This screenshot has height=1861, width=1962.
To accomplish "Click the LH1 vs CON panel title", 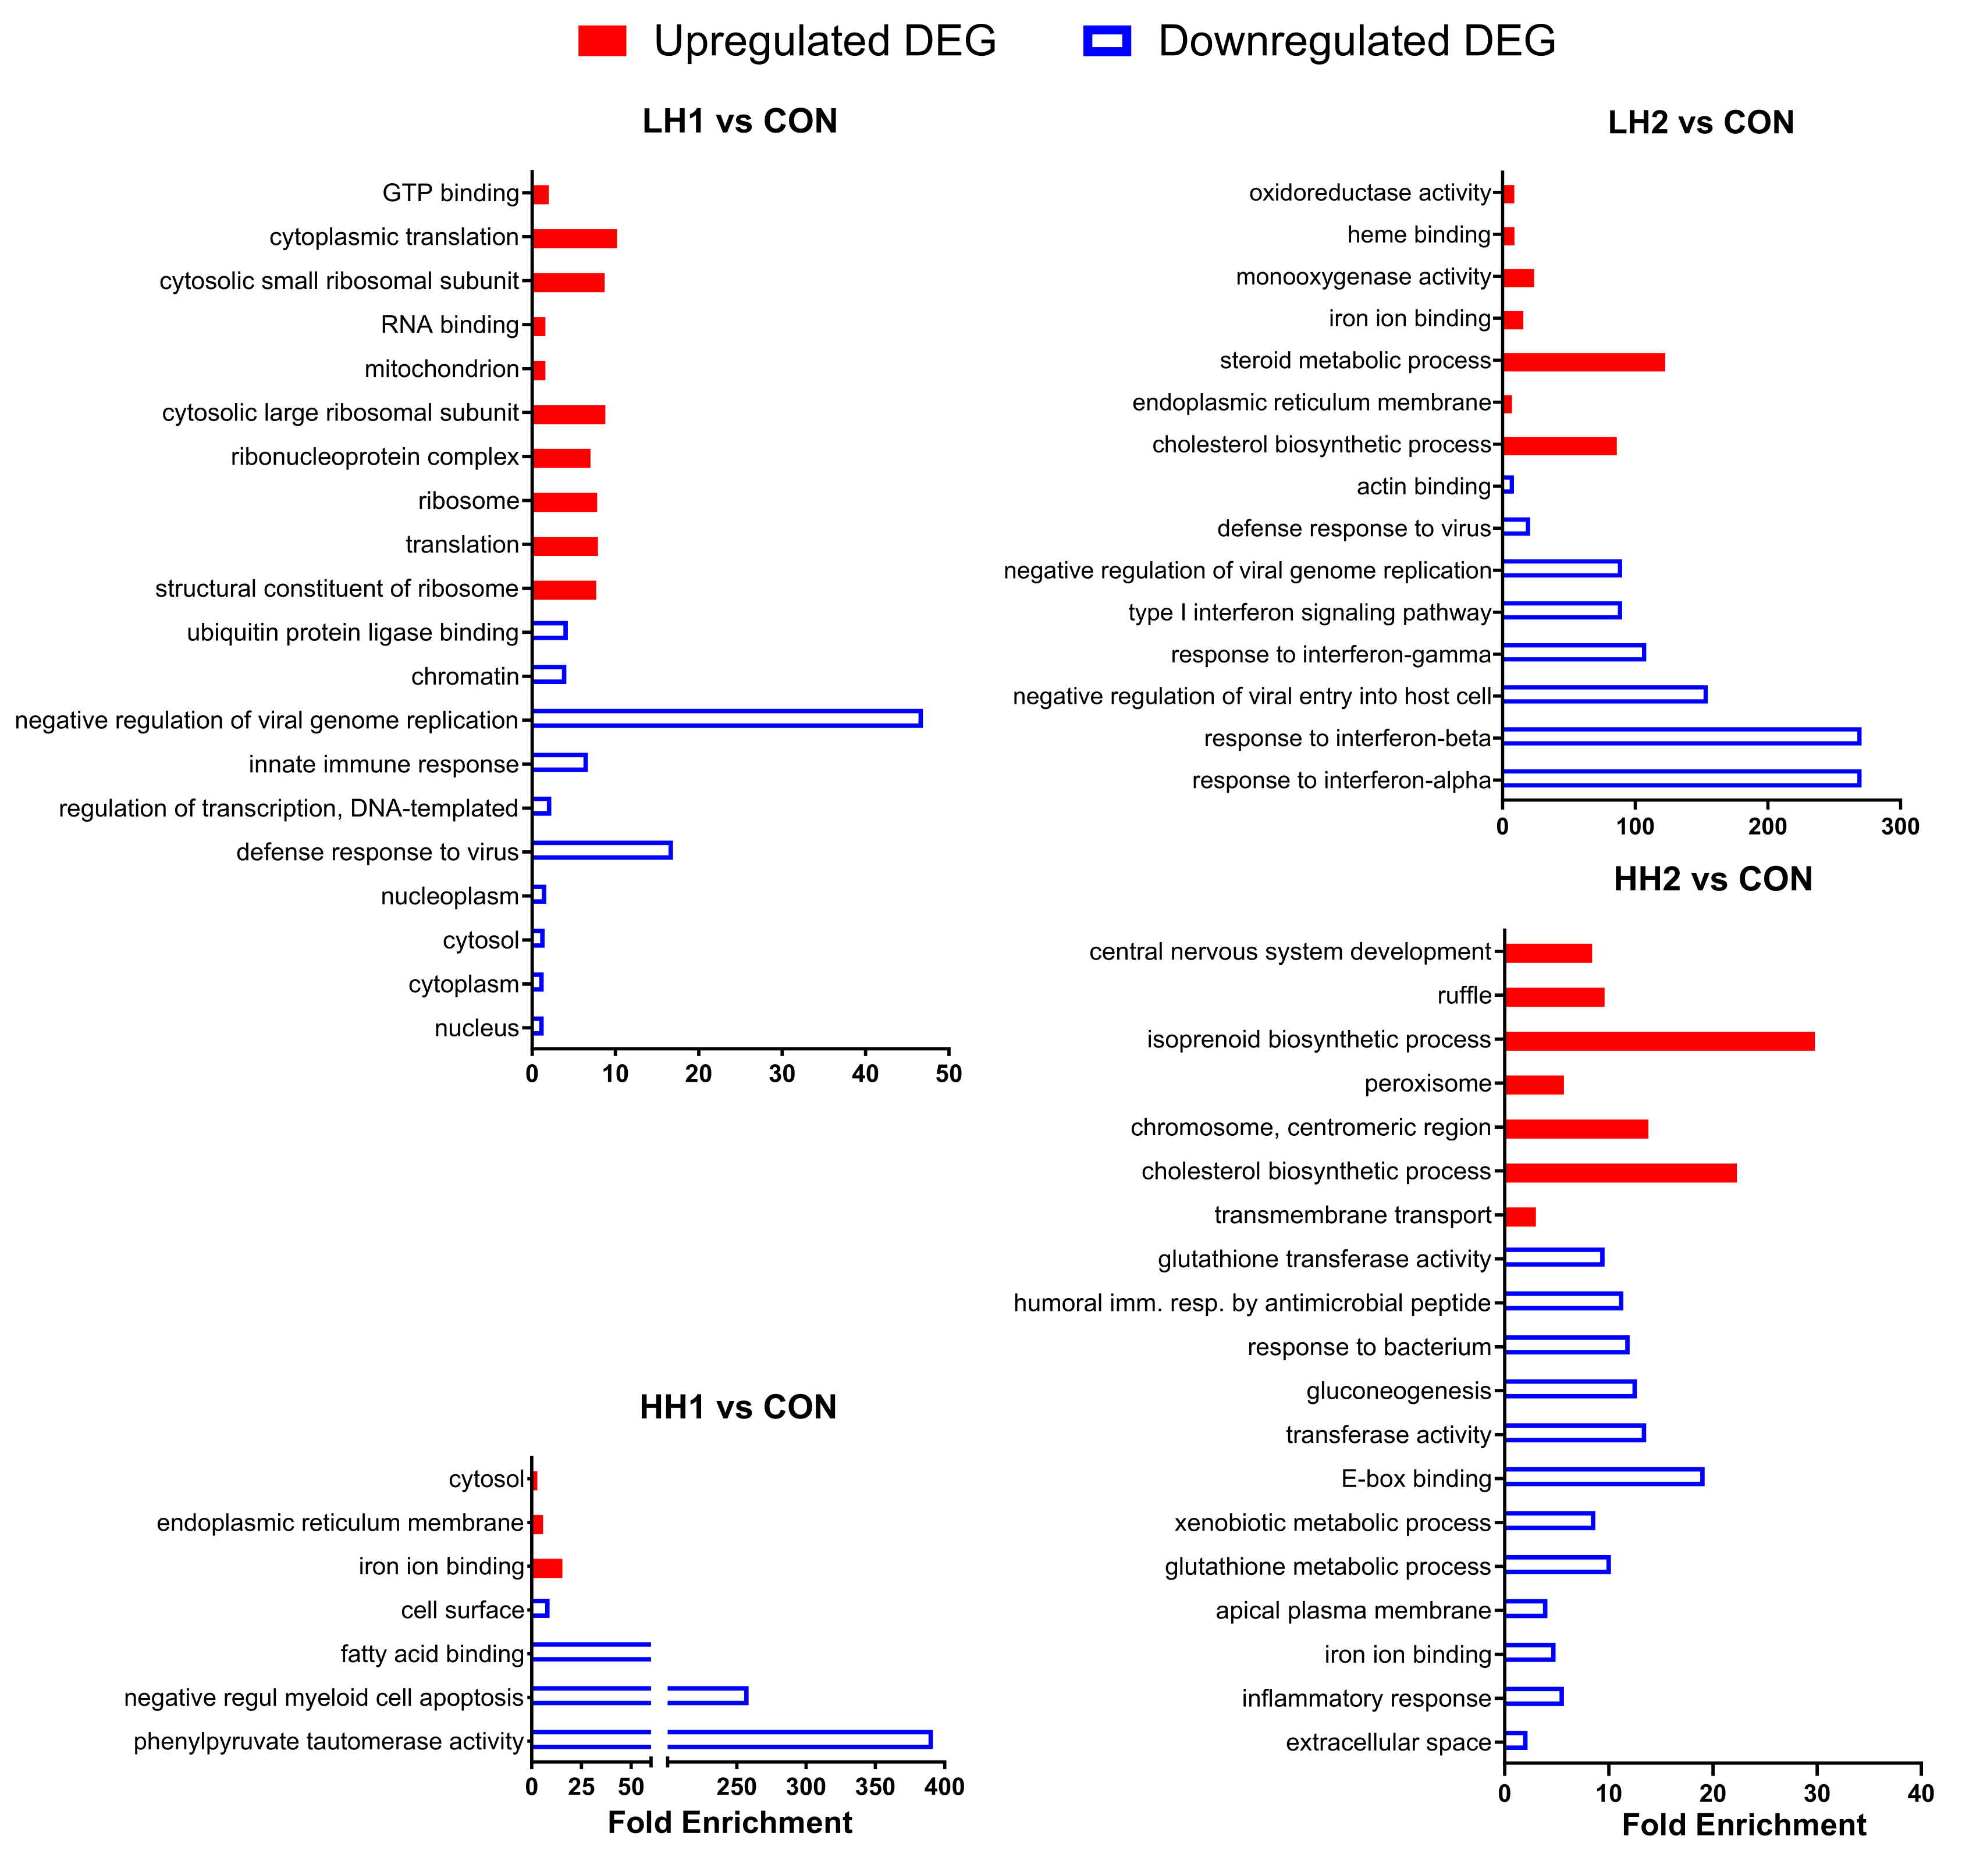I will click(x=740, y=121).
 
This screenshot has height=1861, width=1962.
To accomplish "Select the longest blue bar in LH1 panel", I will click(x=727, y=718).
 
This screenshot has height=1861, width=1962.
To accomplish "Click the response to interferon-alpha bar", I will click(x=1680, y=779).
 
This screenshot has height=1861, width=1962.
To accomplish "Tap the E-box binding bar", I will click(x=1603, y=1477).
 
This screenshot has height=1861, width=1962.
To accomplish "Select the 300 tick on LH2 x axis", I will click(x=1900, y=826).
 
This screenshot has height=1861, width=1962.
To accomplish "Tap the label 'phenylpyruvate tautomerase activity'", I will click(x=329, y=1742).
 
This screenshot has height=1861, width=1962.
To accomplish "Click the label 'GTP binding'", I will click(x=450, y=192).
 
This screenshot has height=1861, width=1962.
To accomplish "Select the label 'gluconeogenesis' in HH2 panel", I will click(x=1398, y=1391).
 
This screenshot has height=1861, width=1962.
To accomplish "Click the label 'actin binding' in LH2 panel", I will click(x=1423, y=486).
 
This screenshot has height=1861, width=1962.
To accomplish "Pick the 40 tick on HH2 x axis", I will click(x=1920, y=1794).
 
